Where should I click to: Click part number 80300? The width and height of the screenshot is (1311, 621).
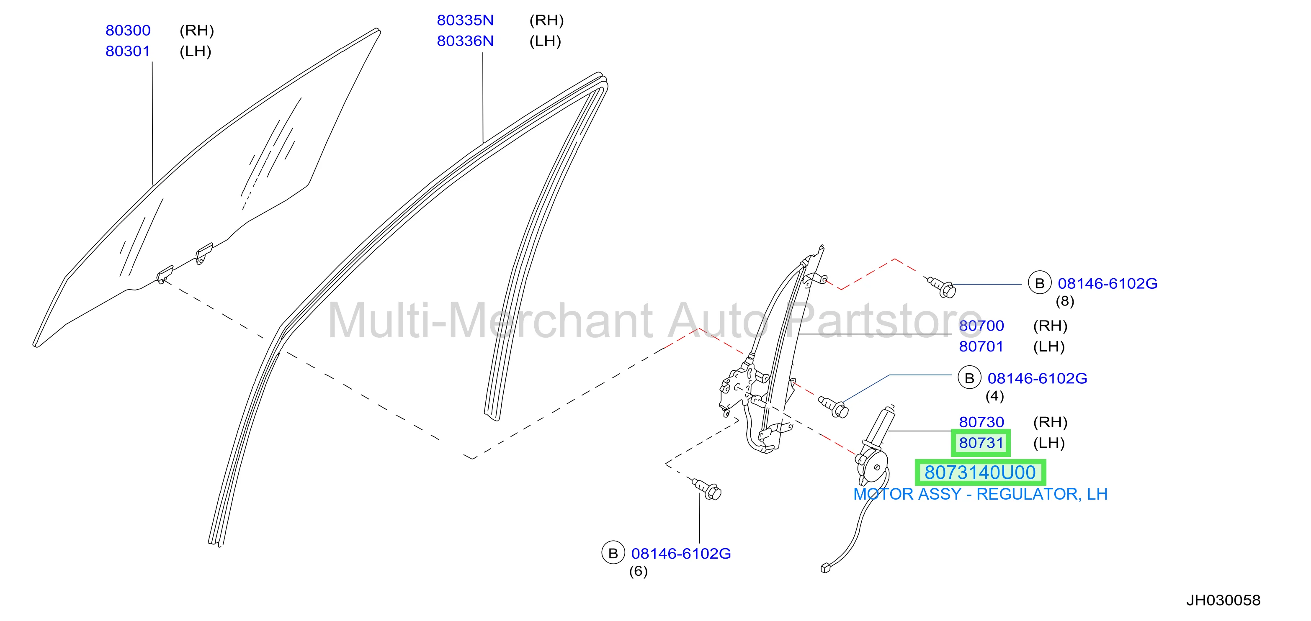pos(128,31)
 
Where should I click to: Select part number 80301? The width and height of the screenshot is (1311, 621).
pos(128,51)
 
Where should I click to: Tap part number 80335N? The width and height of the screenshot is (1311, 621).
pos(465,21)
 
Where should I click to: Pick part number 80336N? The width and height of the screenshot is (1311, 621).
pos(465,41)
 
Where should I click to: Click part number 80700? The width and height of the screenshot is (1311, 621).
pos(981,326)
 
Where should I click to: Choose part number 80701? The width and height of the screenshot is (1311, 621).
pos(981,346)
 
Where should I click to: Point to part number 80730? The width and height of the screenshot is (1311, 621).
pos(981,422)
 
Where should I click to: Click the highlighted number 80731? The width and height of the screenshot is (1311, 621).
pos(981,443)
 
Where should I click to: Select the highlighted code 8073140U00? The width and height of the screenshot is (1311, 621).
pos(980,472)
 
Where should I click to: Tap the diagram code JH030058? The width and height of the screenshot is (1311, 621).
pos(1223,600)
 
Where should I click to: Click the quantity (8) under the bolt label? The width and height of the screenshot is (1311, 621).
pos(1065,301)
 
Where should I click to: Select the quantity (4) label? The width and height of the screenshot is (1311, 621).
pos(994,396)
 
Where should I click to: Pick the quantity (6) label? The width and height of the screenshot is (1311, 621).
pos(638,571)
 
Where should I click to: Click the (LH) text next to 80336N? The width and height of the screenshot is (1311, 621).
pos(545,41)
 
